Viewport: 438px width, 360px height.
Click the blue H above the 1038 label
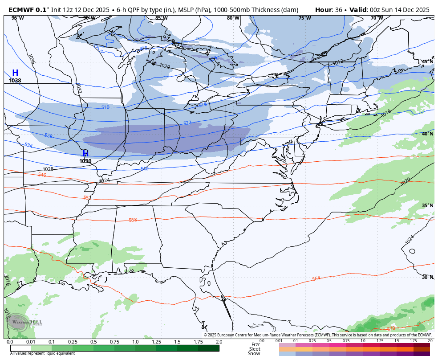[15, 73]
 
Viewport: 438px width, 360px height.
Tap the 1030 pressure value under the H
[85, 161]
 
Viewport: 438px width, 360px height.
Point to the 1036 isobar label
[31, 59]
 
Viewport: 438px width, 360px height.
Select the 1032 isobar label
[78, 88]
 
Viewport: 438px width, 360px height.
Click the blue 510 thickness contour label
[105, 107]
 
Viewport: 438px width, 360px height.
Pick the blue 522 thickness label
[187, 123]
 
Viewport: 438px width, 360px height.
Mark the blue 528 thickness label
[49, 136]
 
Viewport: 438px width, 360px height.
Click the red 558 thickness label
[133, 220]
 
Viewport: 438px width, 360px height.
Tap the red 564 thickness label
[316, 278]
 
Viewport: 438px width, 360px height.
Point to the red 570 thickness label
[391, 328]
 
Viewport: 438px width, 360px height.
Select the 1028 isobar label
[48, 169]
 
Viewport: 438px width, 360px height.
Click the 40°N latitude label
[427, 134]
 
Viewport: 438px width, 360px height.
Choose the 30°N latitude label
[427, 277]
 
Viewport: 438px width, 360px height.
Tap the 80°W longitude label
[233, 18]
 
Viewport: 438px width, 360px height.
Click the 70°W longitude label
[377, 18]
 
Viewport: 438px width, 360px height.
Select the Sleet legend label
[255, 349]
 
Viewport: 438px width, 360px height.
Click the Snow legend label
[254, 354]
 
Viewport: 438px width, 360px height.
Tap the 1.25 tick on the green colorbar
[156, 342]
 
